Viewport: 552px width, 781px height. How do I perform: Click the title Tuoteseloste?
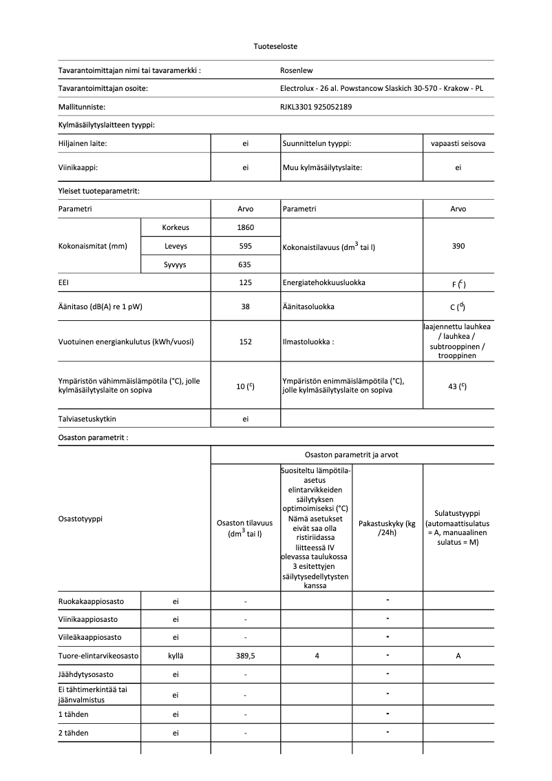pos(275,46)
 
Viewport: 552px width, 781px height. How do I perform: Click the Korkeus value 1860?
pos(246,227)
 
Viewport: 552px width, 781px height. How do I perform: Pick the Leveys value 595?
pos(246,246)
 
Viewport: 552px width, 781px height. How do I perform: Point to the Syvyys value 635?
pos(246,264)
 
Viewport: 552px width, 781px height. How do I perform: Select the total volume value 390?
pos(458,246)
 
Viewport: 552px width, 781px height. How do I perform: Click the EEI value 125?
pos(246,282)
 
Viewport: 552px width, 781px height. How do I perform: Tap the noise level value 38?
pos(246,306)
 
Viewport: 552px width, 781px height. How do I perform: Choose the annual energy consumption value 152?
pos(246,342)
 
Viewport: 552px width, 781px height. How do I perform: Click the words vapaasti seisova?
pos(458,143)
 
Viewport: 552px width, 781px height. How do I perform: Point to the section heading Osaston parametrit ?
pos(93,437)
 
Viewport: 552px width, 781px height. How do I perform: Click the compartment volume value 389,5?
pos(246,656)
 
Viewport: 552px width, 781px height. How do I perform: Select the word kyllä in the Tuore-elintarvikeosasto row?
pos(176,656)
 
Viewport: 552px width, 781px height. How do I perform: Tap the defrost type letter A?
pos(458,656)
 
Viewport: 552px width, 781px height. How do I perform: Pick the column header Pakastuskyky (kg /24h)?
pos(388,528)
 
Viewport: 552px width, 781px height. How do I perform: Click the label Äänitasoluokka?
pos(308,306)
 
